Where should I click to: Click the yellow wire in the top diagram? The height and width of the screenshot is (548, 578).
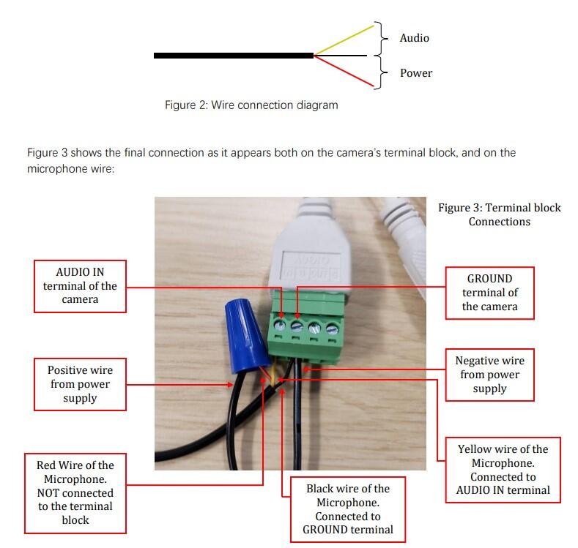click(344, 40)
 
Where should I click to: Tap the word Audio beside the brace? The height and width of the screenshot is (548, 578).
click(414, 38)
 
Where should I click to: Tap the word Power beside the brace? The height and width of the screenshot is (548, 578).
click(415, 73)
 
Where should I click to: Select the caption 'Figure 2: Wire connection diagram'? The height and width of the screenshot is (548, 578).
click(251, 105)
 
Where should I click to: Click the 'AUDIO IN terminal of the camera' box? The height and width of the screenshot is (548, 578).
click(81, 286)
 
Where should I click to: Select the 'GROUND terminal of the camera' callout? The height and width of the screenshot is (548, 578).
click(489, 293)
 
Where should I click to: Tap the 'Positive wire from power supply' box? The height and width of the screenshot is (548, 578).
click(80, 384)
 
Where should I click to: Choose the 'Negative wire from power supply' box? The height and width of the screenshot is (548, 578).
click(489, 375)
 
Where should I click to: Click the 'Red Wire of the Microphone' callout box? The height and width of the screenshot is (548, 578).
click(75, 492)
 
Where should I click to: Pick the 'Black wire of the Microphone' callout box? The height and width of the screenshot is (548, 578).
click(347, 508)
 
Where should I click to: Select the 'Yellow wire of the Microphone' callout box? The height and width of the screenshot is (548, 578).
click(503, 469)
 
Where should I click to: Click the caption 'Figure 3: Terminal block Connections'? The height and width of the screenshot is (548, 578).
click(499, 214)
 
